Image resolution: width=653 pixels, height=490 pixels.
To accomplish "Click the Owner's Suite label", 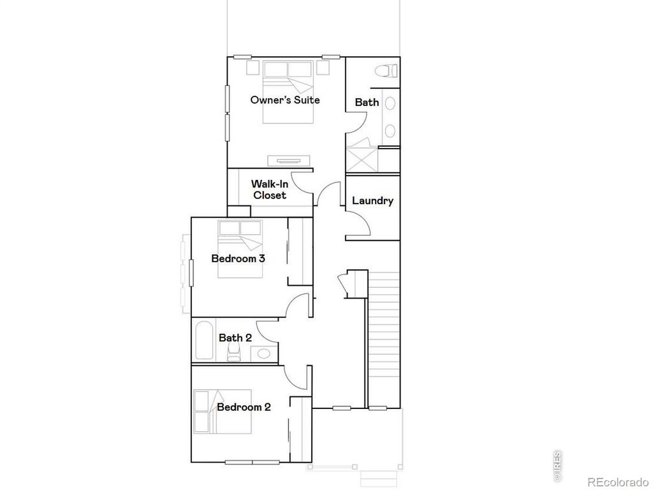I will pyautogui.click(x=284, y=100).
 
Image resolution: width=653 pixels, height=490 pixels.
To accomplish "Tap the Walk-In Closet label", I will pyautogui.click(x=270, y=189).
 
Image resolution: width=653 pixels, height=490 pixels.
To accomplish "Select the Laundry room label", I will pyautogui.click(x=372, y=201).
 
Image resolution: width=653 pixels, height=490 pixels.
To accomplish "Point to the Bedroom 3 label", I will pyautogui.click(x=238, y=259).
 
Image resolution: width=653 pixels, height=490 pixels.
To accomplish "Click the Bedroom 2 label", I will pyautogui.click(x=244, y=407).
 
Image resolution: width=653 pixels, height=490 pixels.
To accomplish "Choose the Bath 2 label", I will pyautogui.click(x=235, y=338).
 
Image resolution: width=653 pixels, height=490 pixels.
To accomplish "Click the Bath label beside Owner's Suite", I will pyautogui.click(x=367, y=102).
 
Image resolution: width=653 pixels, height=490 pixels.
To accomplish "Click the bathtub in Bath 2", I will pyautogui.click(x=205, y=341).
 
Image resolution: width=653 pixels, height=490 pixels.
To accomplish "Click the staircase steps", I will pyautogui.click(x=385, y=338).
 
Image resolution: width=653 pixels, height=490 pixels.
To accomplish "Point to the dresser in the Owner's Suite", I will pyautogui.click(x=289, y=160).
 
